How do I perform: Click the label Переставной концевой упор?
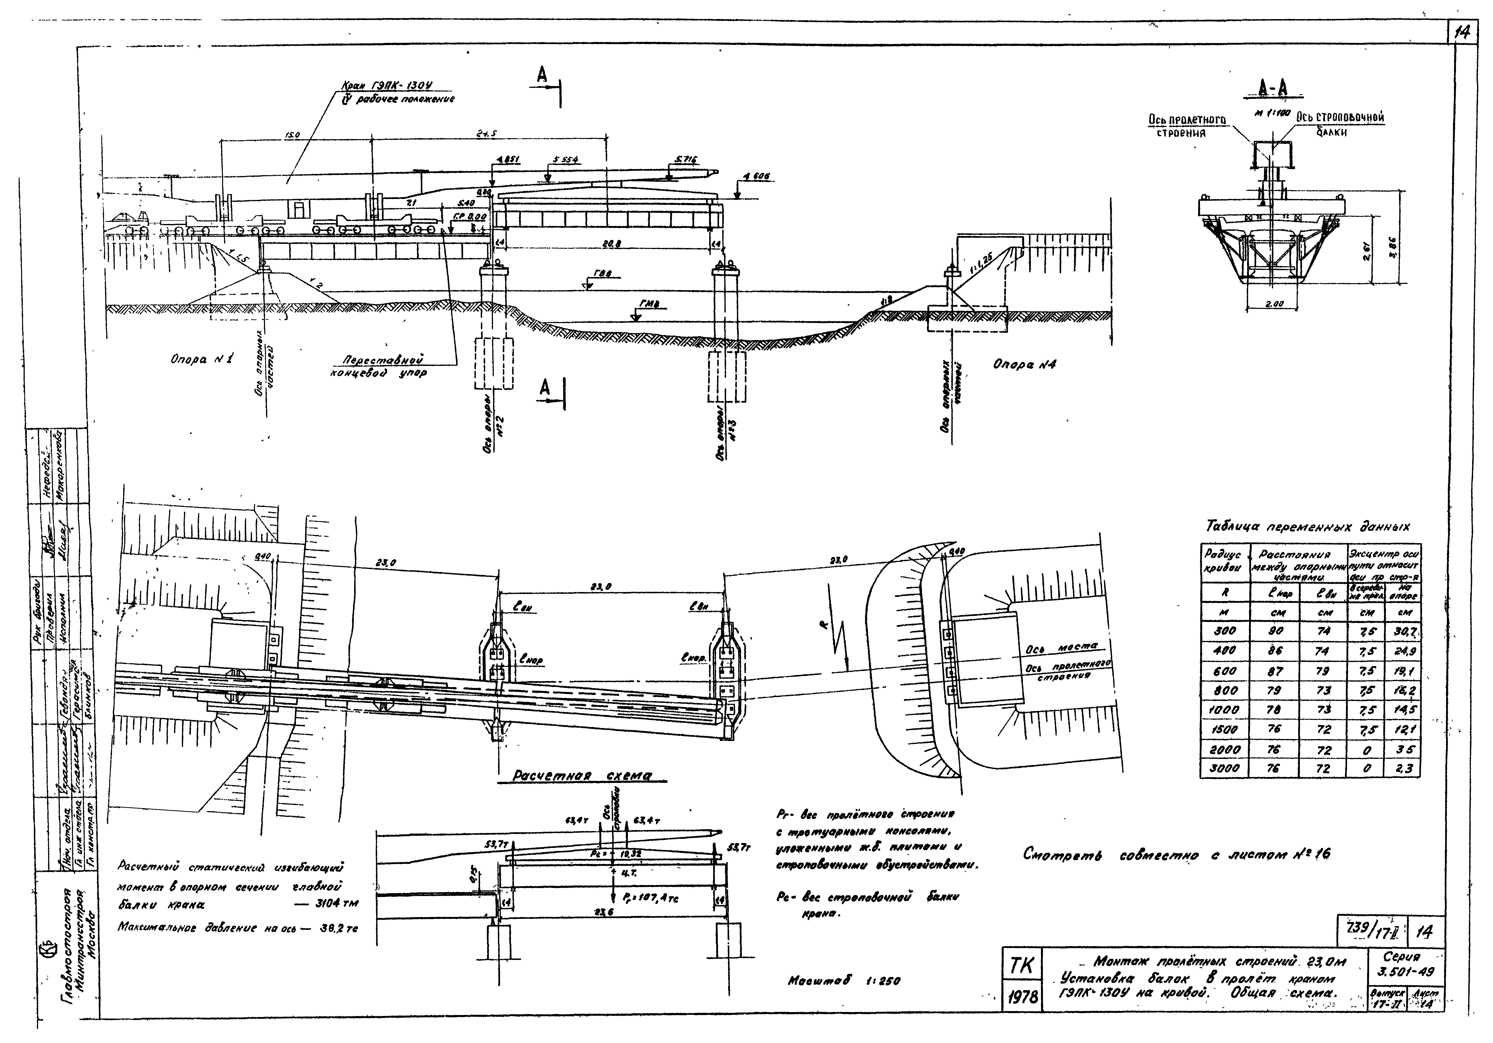click(x=384, y=366)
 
